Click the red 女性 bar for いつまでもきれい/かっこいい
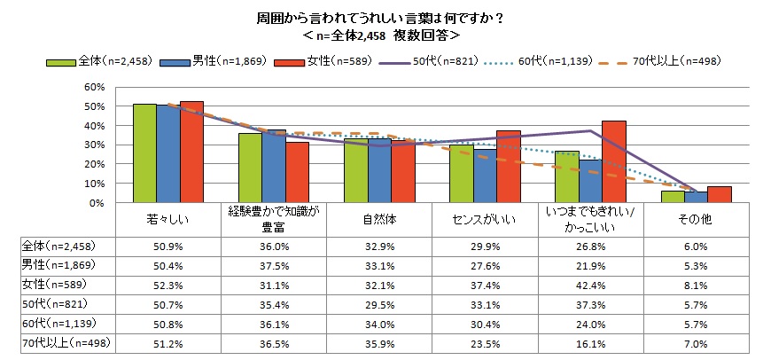coord(613,161)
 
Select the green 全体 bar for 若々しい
coord(144,153)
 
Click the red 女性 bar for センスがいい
coord(509,167)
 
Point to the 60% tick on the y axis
coord(95,87)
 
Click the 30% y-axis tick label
coord(95,145)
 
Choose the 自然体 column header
coord(379,217)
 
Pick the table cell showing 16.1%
coord(590,342)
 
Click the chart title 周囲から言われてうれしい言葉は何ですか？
coord(381,17)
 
